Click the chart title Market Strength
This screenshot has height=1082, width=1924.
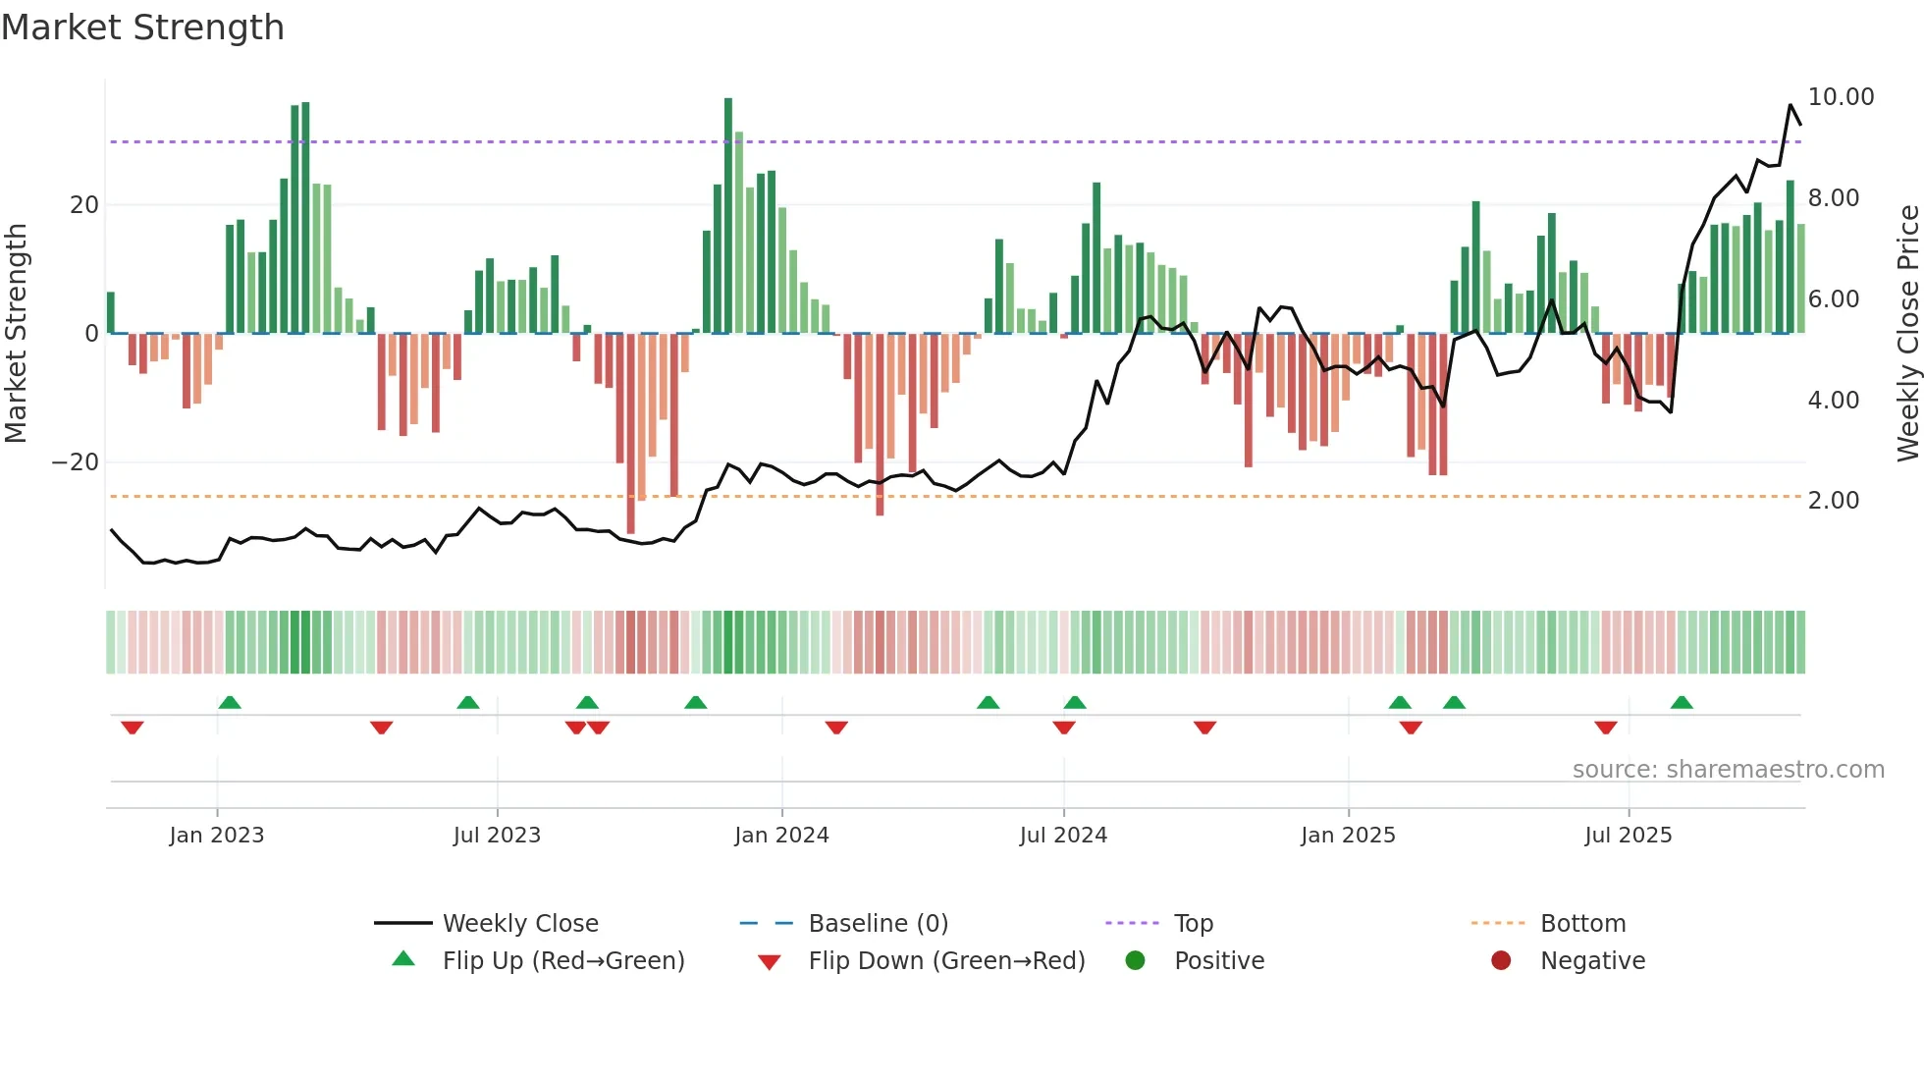pos(142,27)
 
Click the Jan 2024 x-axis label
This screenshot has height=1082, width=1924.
pos(781,836)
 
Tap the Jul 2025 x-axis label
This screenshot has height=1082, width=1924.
pos(1628,836)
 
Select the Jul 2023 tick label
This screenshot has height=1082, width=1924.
pos(497,836)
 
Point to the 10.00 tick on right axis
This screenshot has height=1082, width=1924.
pos(1841,97)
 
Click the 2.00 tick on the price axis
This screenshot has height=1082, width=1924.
pos(1834,501)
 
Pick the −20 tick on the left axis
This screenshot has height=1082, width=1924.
pos(76,462)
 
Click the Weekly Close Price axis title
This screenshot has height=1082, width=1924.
pos(1907,334)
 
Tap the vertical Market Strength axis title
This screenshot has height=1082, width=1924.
pos(16,334)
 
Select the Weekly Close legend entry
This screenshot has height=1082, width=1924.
pos(519,924)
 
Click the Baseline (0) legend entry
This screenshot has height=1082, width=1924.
pos(878,924)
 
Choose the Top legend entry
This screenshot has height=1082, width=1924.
pos(1193,924)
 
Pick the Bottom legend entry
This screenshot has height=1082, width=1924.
pos(1582,924)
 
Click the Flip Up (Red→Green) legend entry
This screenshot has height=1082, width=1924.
pos(562,961)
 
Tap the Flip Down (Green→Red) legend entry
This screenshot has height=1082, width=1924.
pos(946,961)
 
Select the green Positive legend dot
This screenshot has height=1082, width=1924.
pos(1136,961)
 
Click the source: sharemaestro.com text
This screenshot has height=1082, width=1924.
pos(1728,770)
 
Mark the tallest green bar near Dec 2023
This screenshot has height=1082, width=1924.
pos(728,216)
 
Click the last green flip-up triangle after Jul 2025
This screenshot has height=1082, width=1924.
pos(1682,703)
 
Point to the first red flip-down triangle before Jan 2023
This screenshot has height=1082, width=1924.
pos(133,728)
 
